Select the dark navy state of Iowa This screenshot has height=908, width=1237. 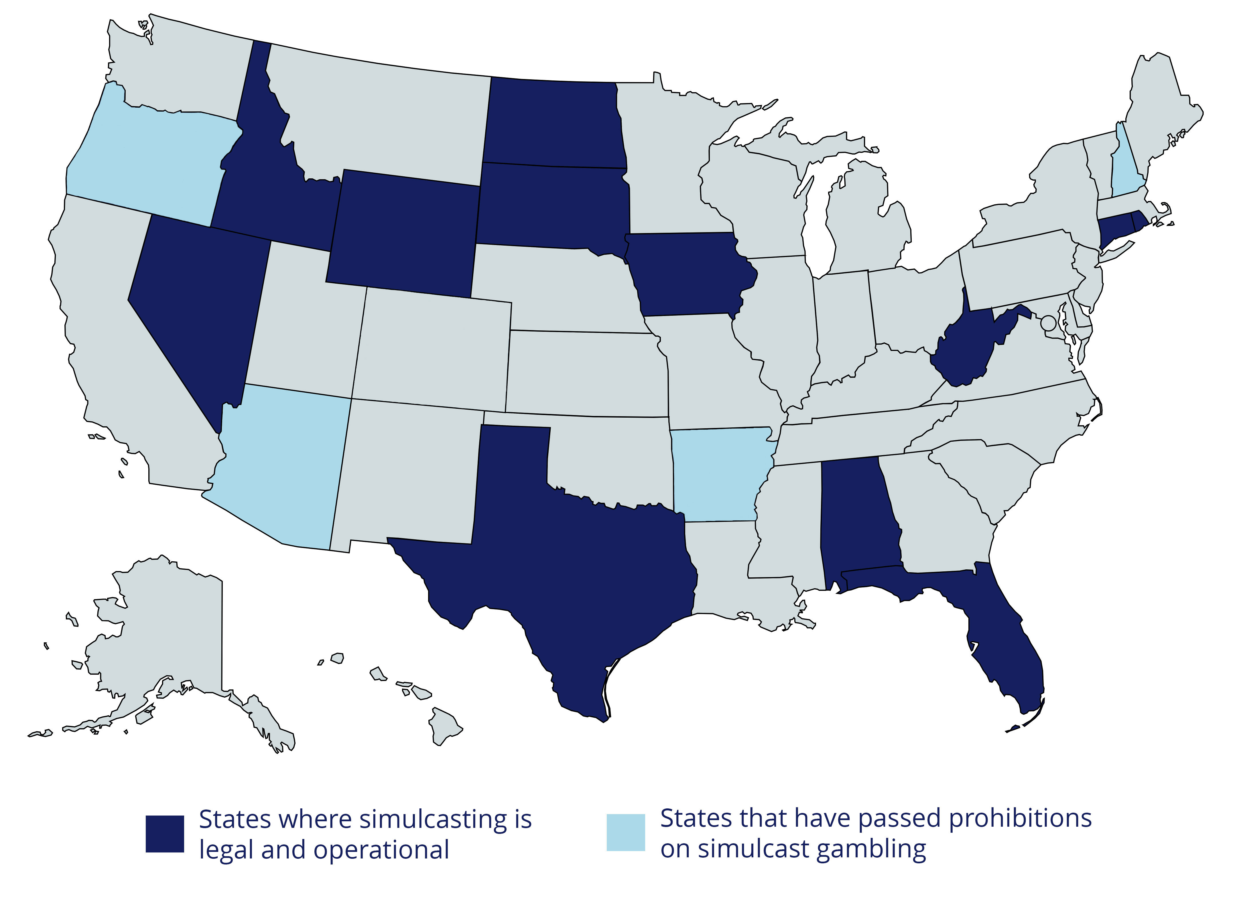687,275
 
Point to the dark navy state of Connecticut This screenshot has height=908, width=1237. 1113,231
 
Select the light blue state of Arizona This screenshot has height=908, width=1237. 280,467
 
